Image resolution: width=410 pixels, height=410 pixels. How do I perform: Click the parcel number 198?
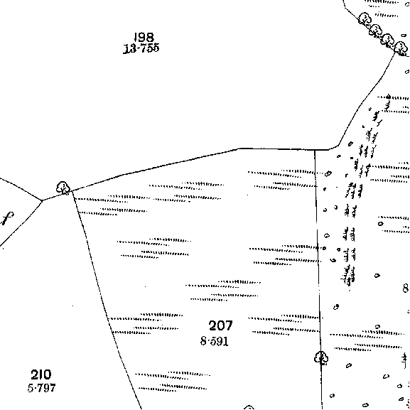(144, 38)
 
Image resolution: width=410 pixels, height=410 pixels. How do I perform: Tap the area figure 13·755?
(141, 48)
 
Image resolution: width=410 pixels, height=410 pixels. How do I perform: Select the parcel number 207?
(221, 325)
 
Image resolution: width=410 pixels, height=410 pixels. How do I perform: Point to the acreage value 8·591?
(215, 341)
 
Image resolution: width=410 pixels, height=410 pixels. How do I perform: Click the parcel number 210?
(41, 374)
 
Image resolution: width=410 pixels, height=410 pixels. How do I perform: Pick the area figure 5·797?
(42, 388)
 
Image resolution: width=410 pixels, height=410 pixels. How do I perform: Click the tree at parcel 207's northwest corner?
(63, 188)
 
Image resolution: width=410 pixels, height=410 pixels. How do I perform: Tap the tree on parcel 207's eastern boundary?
(321, 358)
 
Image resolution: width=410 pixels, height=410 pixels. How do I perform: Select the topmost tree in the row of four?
(365, 18)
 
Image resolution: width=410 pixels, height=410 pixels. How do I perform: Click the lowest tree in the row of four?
(401, 48)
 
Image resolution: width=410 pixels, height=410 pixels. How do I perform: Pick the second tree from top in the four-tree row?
(376, 30)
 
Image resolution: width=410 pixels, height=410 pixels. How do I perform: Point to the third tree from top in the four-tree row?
(388, 40)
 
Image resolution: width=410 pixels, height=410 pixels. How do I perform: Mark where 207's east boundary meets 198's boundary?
(315, 150)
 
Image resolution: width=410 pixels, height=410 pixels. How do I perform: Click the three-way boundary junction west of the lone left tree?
(42, 200)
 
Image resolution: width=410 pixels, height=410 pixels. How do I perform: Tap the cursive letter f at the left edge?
(6, 219)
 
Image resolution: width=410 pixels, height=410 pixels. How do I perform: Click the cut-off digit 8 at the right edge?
(406, 288)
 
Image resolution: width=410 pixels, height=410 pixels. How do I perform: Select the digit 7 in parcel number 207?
(228, 325)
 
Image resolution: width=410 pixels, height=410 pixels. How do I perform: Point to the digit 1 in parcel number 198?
(135, 38)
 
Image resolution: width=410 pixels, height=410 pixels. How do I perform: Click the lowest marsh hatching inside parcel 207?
(173, 382)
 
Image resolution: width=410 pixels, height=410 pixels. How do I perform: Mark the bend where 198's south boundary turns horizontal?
(239, 149)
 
